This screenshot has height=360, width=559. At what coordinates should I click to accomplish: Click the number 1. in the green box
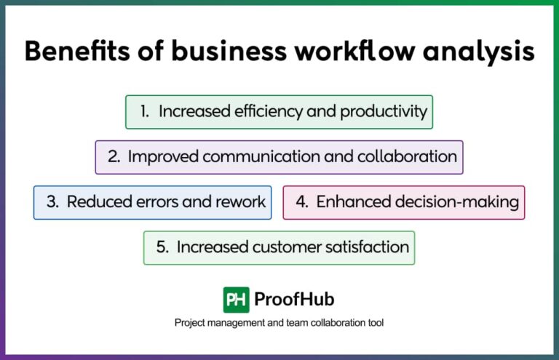click(145, 112)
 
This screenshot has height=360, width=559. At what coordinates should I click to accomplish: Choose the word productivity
click(381, 112)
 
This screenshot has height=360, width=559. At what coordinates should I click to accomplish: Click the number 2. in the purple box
click(114, 157)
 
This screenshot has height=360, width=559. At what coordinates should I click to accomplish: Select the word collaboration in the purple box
click(413, 157)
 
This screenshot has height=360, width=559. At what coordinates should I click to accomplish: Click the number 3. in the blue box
click(53, 202)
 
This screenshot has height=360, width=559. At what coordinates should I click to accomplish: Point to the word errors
click(159, 202)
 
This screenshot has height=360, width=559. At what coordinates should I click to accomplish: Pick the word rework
click(239, 202)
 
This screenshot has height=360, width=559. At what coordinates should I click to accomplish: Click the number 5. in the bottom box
click(162, 248)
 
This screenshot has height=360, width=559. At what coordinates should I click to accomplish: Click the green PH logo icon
click(236, 300)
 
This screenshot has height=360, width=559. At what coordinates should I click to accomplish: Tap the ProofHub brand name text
click(294, 300)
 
